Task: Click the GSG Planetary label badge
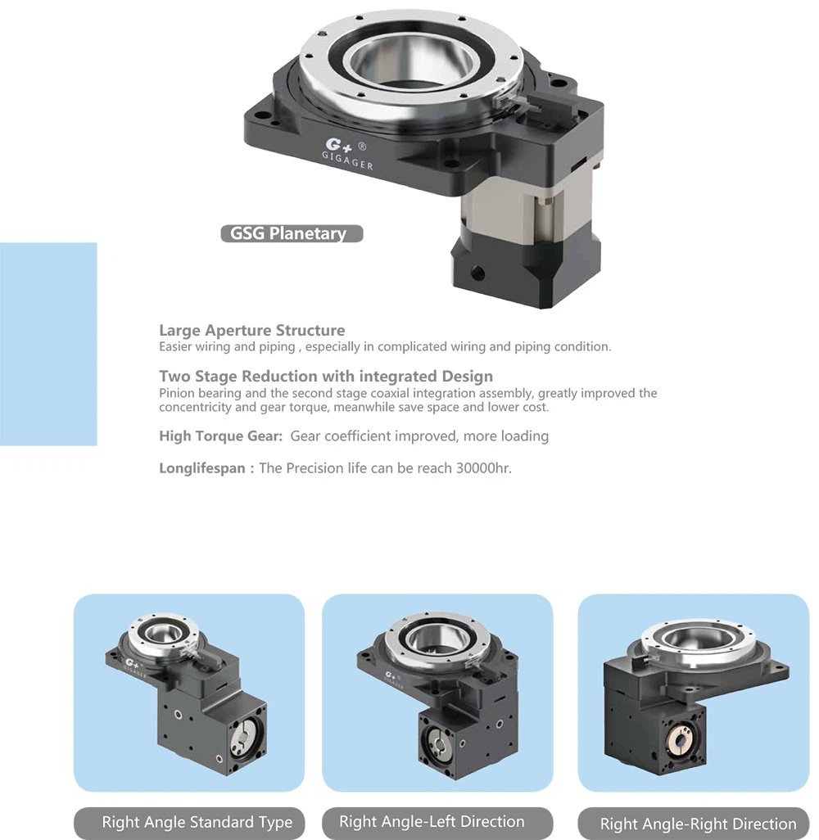292,233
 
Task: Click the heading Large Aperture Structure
252,330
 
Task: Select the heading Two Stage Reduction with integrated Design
326,376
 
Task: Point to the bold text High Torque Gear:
221,436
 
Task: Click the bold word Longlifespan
202,468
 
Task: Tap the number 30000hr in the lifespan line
483,468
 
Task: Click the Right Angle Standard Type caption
197,822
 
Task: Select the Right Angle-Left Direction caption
432,821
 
